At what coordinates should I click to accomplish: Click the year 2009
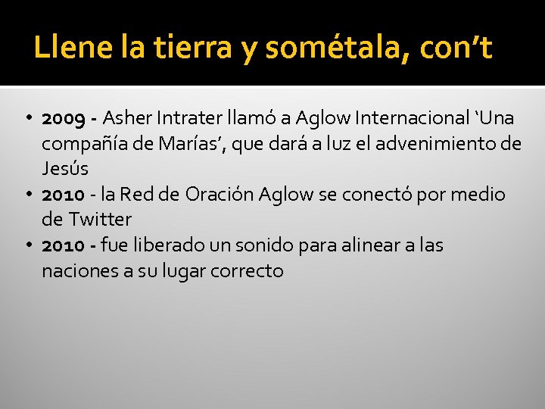click(x=63, y=118)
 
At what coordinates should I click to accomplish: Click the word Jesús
click(x=65, y=169)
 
